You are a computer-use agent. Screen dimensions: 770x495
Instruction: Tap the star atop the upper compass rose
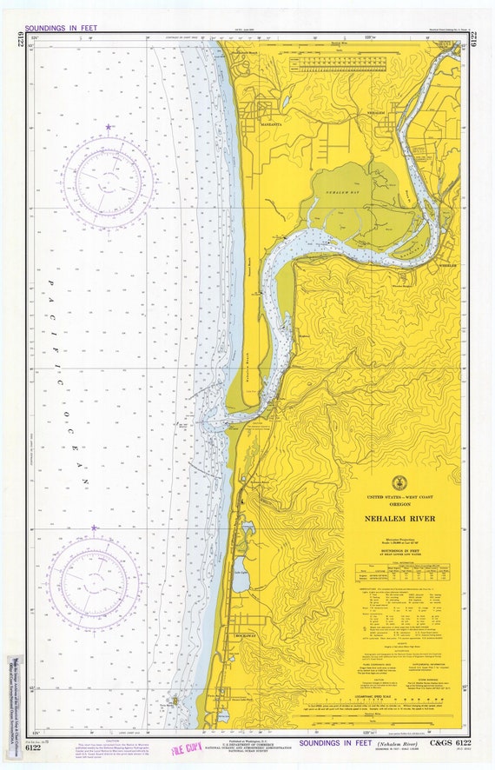coord(109,128)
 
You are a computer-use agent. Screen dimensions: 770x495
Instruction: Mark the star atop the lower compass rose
coord(94,528)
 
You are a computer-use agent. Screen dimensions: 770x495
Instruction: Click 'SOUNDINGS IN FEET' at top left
coord(61,28)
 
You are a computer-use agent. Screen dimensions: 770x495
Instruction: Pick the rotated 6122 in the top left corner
coord(19,44)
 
